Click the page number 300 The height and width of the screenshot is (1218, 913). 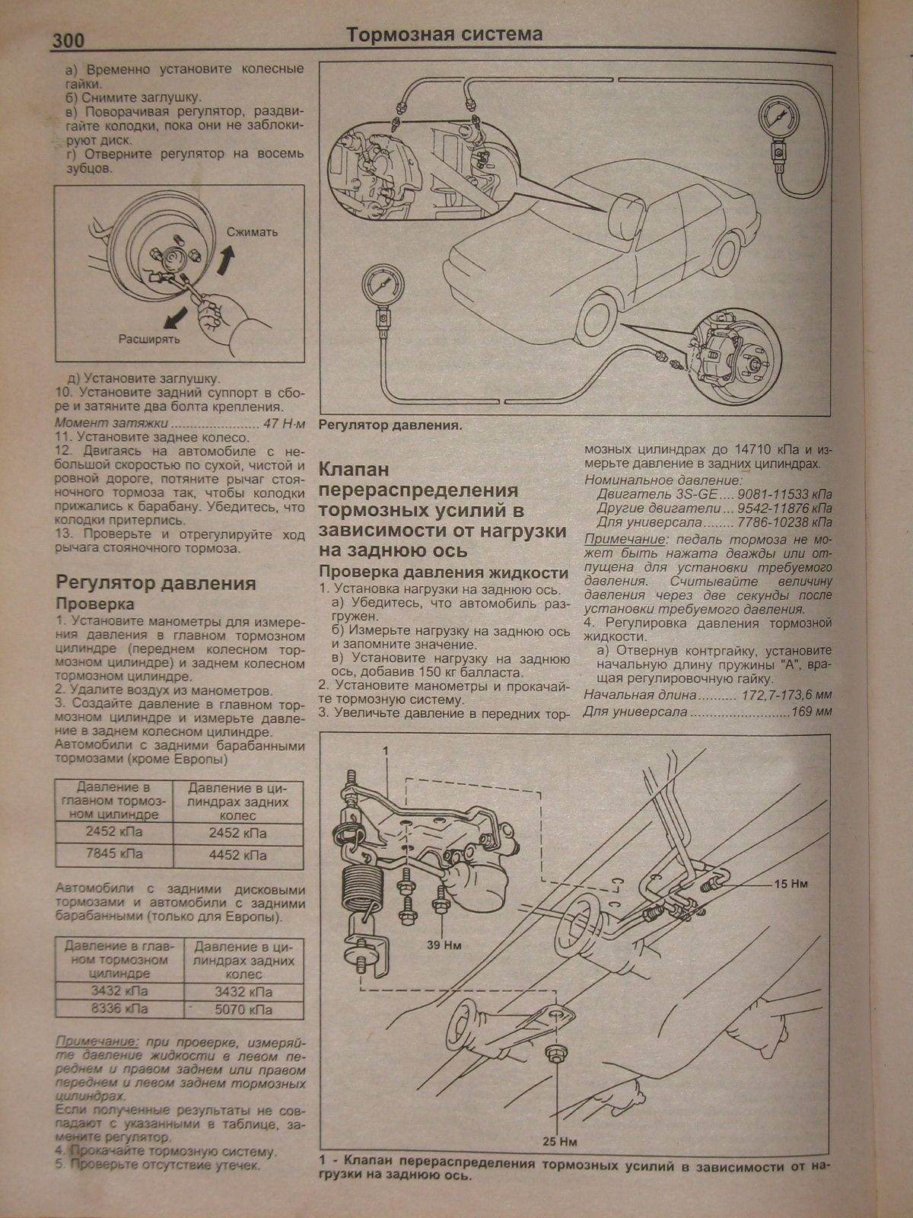[x=68, y=40]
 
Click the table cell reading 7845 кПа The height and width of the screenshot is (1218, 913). [x=114, y=854]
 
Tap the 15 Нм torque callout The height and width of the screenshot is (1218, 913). [x=792, y=885]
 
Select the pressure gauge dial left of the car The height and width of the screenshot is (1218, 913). [x=380, y=286]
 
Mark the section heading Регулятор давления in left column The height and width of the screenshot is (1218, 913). [x=155, y=584]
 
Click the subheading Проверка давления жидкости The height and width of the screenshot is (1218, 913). [x=444, y=573]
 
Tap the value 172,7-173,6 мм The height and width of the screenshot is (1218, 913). [x=785, y=696]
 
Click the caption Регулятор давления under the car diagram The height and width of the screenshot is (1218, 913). [x=390, y=426]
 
